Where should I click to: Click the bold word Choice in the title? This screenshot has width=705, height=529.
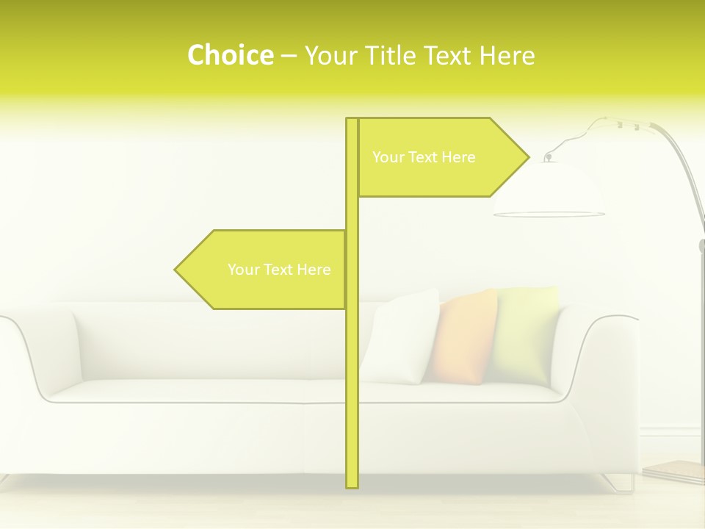pyautogui.click(x=230, y=55)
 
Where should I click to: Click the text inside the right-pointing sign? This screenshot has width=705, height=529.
pyautogui.click(x=424, y=157)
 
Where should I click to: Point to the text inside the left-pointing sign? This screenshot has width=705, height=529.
pyautogui.click(x=279, y=270)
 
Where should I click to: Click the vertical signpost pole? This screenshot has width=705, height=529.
pyautogui.click(x=352, y=367)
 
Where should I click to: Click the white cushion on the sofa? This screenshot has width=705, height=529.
pyautogui.click(x=400, y=338)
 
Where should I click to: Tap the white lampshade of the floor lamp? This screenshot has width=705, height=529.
pyautogui.click(x=549, y=191)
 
